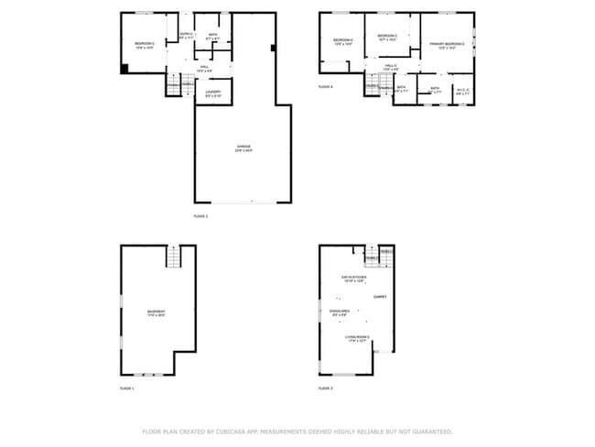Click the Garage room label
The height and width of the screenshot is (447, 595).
[243, 147]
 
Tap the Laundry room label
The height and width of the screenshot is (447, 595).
[213, 92]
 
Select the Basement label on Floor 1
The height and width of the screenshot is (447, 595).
[157, 312]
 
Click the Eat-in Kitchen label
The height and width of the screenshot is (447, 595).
[354, 277]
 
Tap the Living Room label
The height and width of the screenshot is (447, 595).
[357, 337]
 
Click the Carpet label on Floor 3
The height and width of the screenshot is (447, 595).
[380, 296]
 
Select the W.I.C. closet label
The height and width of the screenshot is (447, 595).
[462, 89]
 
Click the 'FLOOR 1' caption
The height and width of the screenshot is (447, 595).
[126, 388]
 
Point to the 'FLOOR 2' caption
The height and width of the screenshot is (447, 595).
[200, 216]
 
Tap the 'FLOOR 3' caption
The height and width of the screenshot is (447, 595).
[325, 388]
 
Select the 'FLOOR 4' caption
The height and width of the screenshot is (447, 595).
[325, 86]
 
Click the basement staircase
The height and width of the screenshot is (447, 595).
[174, 256]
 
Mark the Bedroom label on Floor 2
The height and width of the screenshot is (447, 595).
[145, 43]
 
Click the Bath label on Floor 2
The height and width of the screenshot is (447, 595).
[213, 36]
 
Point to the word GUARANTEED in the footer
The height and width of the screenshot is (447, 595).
[431, 431]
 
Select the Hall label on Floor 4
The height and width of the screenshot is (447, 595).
[390, 66]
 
